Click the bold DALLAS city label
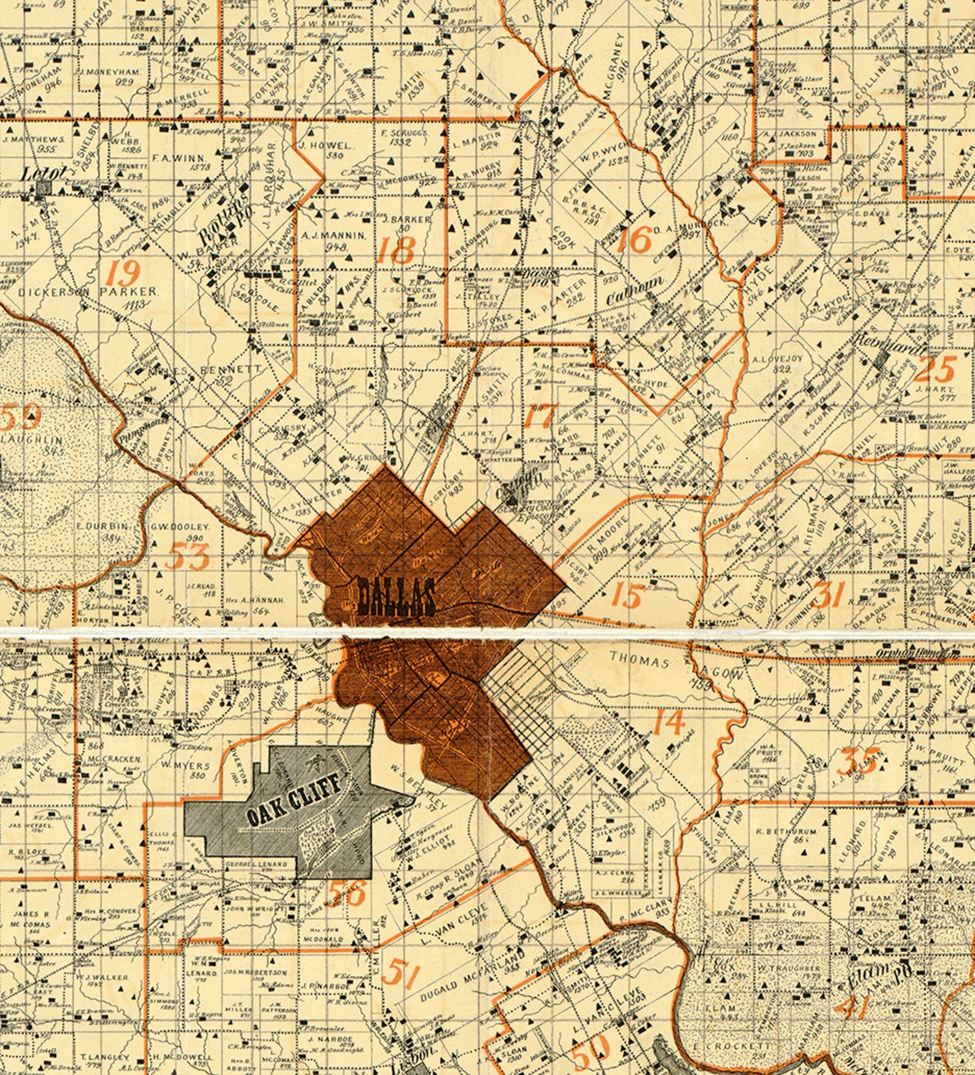click(396, 597)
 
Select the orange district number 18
click(396, 249)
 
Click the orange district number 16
click(633, 239)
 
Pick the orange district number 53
click(187, 556)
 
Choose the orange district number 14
click(669, 721)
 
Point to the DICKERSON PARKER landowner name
click(88, 292)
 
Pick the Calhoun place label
click(635, 290)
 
